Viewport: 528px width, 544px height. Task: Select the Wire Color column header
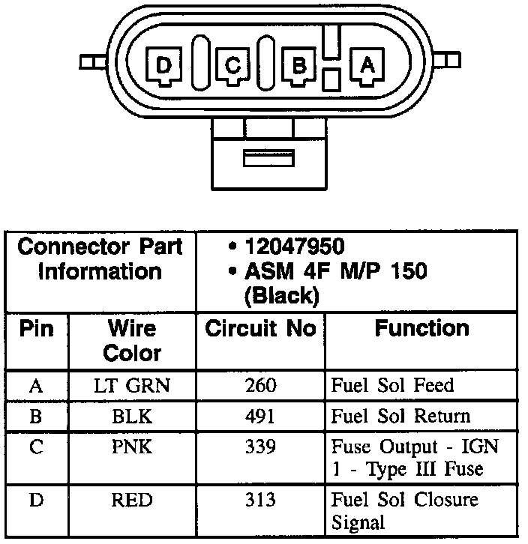131,340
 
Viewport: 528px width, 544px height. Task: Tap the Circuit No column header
260,329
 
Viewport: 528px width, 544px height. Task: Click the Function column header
421,328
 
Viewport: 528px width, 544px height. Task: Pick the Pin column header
36,329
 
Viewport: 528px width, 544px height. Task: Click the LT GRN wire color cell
131,386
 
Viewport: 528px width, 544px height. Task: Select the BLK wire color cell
131,417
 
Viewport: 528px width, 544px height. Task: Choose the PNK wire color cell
131,447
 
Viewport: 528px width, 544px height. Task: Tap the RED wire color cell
131,500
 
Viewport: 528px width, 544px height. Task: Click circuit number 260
260,386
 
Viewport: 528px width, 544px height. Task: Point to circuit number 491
260,417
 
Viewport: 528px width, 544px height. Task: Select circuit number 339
260,447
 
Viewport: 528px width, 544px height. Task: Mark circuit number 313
260,500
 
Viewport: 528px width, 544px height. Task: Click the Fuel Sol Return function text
400,417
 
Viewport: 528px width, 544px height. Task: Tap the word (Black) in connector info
281,296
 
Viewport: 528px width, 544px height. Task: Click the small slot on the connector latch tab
269,158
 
